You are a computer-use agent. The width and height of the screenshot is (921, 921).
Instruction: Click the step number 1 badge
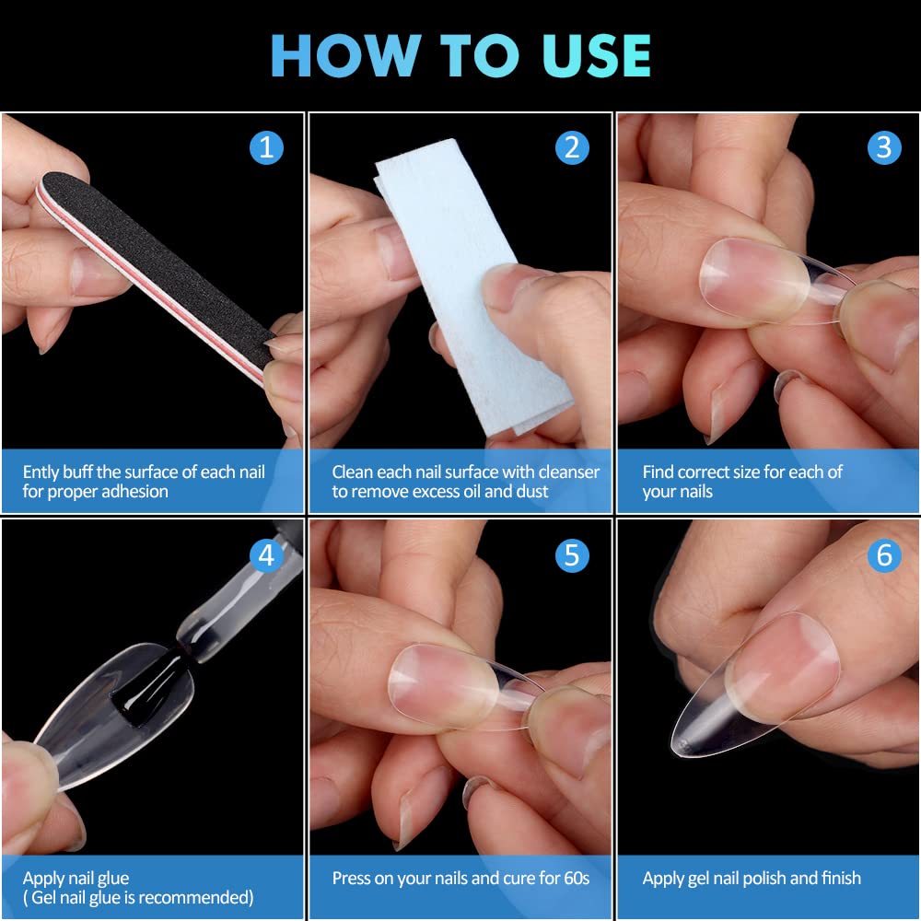click(266, 147)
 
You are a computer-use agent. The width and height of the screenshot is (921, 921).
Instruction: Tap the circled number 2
click(572, 147)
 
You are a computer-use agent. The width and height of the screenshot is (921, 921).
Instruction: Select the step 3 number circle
click(884, 147)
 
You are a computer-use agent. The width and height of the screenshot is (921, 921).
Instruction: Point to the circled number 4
click(266, 555)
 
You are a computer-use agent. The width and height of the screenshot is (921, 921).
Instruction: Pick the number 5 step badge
click(572, 555)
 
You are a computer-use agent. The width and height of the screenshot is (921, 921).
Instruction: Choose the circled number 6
click(884, 555)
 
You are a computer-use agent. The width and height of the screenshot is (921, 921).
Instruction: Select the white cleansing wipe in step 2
click(470, 287)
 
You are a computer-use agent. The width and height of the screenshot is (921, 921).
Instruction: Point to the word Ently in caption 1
click(41, 472)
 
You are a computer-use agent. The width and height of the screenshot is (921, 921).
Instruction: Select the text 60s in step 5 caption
click(577, 878)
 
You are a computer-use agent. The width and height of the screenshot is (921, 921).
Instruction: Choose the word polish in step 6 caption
click(764, 878)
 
